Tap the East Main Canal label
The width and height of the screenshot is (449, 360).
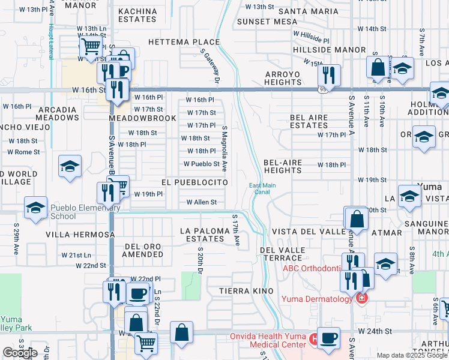point(262,188)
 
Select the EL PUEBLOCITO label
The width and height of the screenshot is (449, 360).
point(194,181)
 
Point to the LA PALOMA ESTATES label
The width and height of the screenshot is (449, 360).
point(205,235)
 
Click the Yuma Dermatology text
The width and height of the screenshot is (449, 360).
point(317,299)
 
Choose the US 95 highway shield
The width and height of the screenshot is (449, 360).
point(322,89)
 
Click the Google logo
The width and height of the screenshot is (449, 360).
point(19,353)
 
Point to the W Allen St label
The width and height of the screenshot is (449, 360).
point(201,202)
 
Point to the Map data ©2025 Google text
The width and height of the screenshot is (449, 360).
point(412,355)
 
